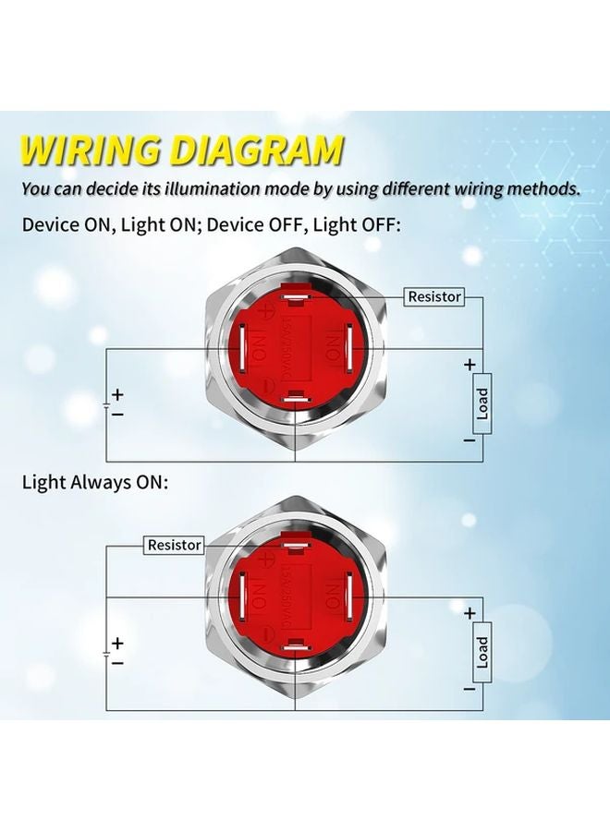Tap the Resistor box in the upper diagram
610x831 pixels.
434,296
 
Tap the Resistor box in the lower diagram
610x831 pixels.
175,545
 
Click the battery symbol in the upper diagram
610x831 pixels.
107,404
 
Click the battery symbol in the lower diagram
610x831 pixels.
107,653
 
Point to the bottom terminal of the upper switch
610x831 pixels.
295,397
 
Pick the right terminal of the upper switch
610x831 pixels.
348,348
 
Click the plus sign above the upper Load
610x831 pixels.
470,364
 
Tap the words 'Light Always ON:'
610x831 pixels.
95,482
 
